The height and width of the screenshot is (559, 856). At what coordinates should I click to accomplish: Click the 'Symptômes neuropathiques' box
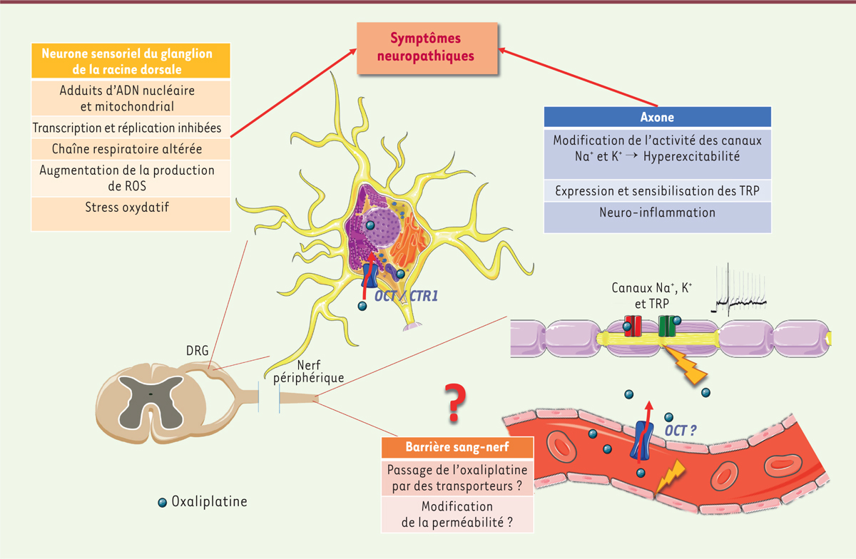[427, 47]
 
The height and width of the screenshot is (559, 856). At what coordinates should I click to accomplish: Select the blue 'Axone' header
[657, 118]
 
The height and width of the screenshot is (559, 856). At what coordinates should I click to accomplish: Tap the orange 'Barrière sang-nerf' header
[457, 447]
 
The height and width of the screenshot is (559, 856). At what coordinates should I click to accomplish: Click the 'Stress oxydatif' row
[131, 207]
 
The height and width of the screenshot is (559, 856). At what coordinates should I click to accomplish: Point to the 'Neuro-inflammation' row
[657, 212]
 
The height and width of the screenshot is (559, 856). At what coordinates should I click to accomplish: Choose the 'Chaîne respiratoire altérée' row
[131, 149]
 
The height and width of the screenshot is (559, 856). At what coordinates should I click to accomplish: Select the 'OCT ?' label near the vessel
[681, 430]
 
